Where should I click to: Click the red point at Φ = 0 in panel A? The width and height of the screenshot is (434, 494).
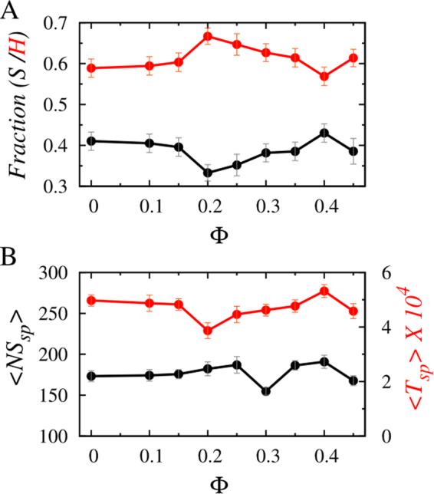[x=92, y=68]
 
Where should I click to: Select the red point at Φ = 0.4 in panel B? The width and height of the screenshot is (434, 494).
[x=324, y=291]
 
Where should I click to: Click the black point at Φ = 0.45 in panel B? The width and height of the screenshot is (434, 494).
[x=353, y=380]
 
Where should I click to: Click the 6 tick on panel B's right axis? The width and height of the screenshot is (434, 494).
[x=388, y=273]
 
